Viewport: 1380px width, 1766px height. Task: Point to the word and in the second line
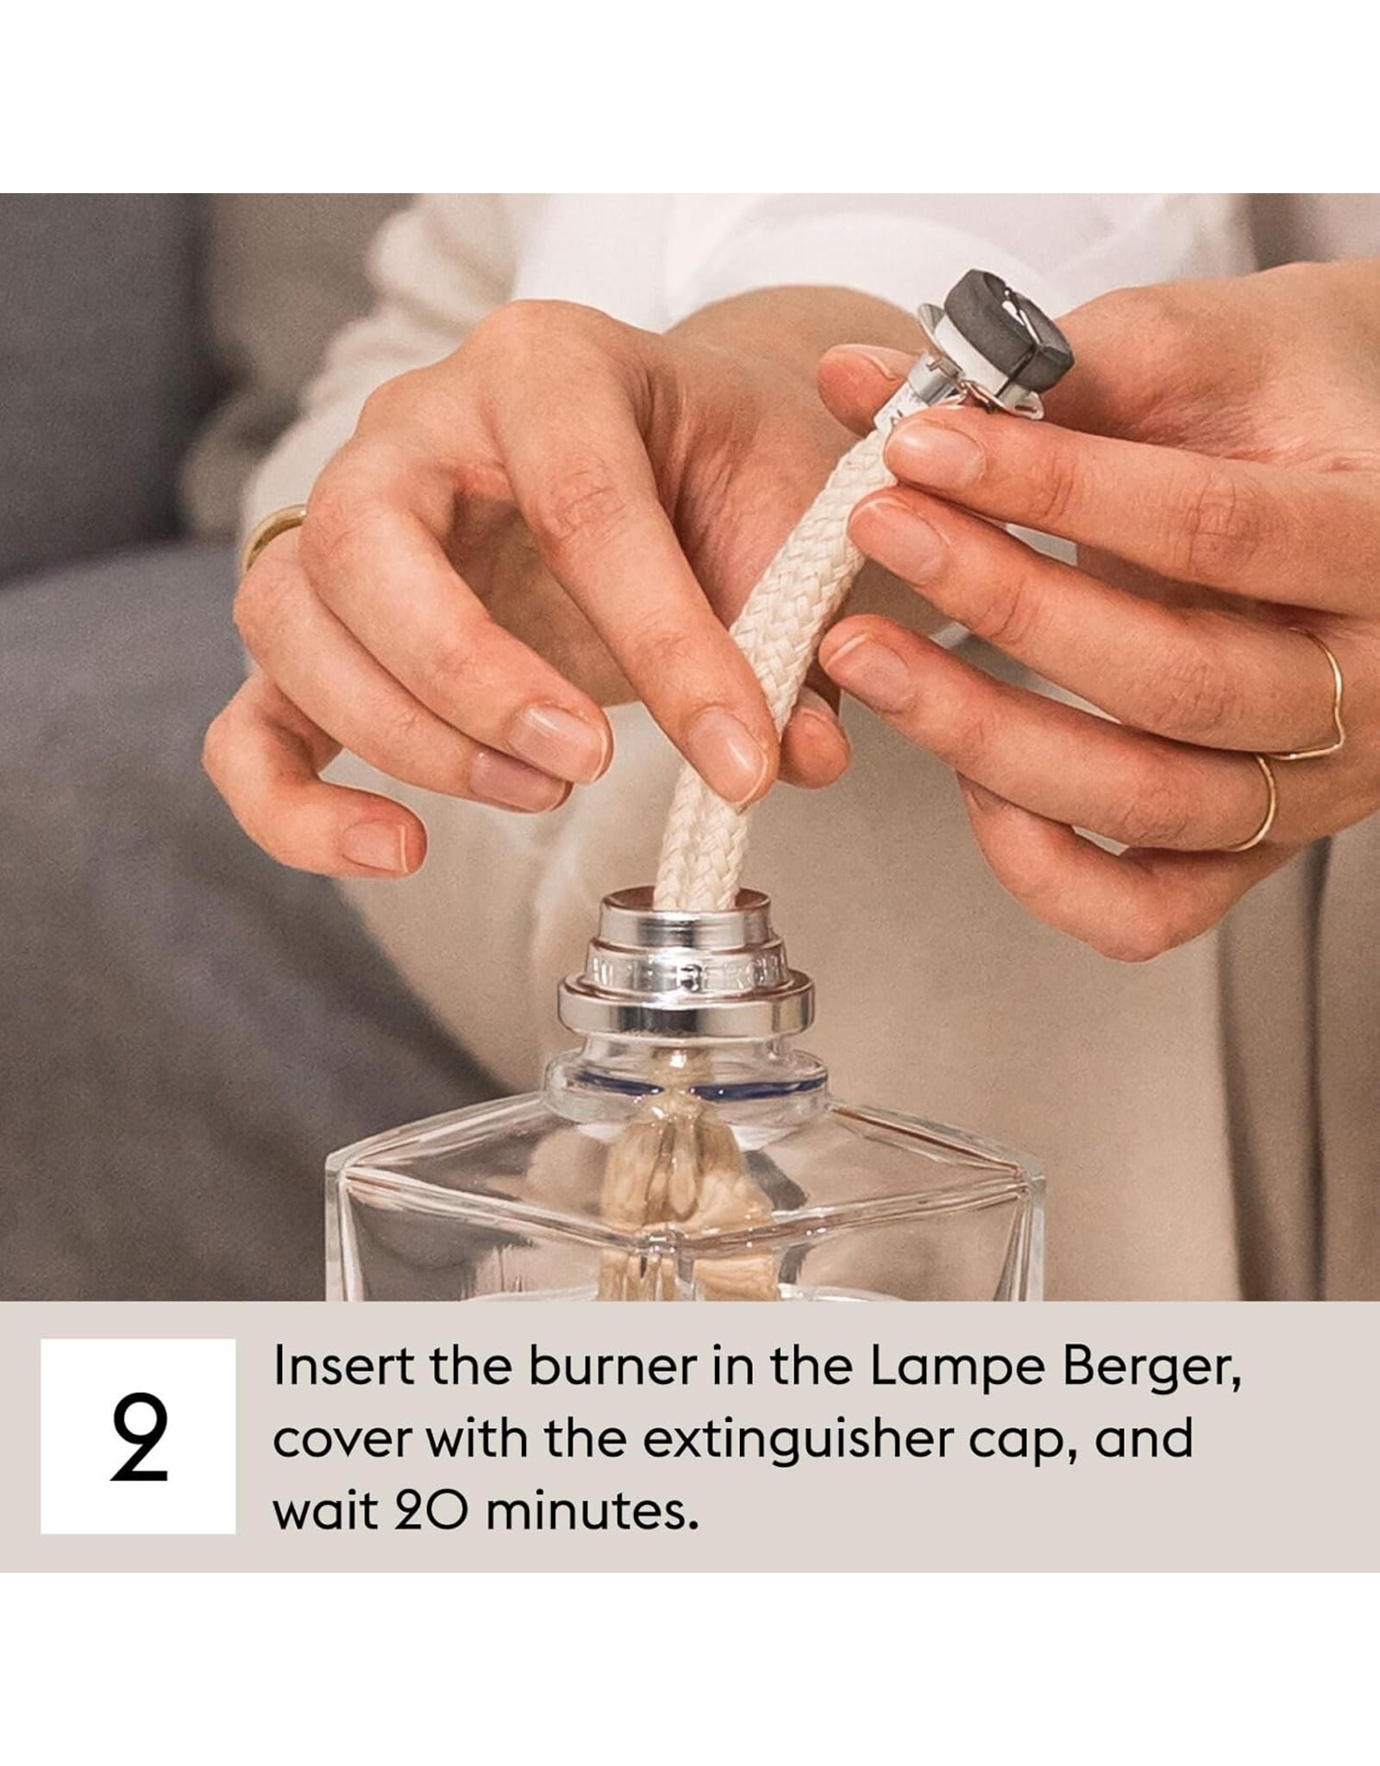point(1145,1437)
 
